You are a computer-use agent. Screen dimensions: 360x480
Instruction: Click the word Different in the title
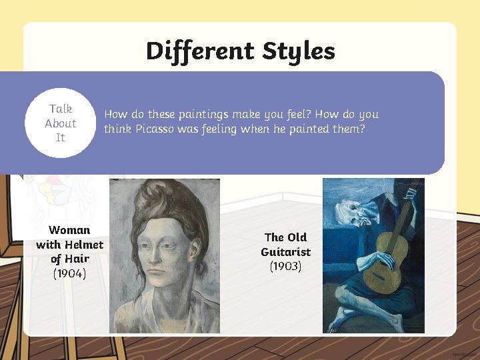[x=200, y=51]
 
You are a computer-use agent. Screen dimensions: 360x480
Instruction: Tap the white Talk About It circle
[x=61, y=123]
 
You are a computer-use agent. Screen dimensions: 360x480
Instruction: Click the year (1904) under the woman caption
[x=69, y=273]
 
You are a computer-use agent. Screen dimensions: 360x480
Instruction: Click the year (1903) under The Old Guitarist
[x=285, y=266]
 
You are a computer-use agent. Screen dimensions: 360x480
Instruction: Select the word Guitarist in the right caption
[x=285, y=251]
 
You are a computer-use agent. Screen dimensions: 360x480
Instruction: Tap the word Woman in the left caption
[x=69, y=230]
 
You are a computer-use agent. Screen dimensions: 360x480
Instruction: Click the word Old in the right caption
[x=297, y=237]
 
